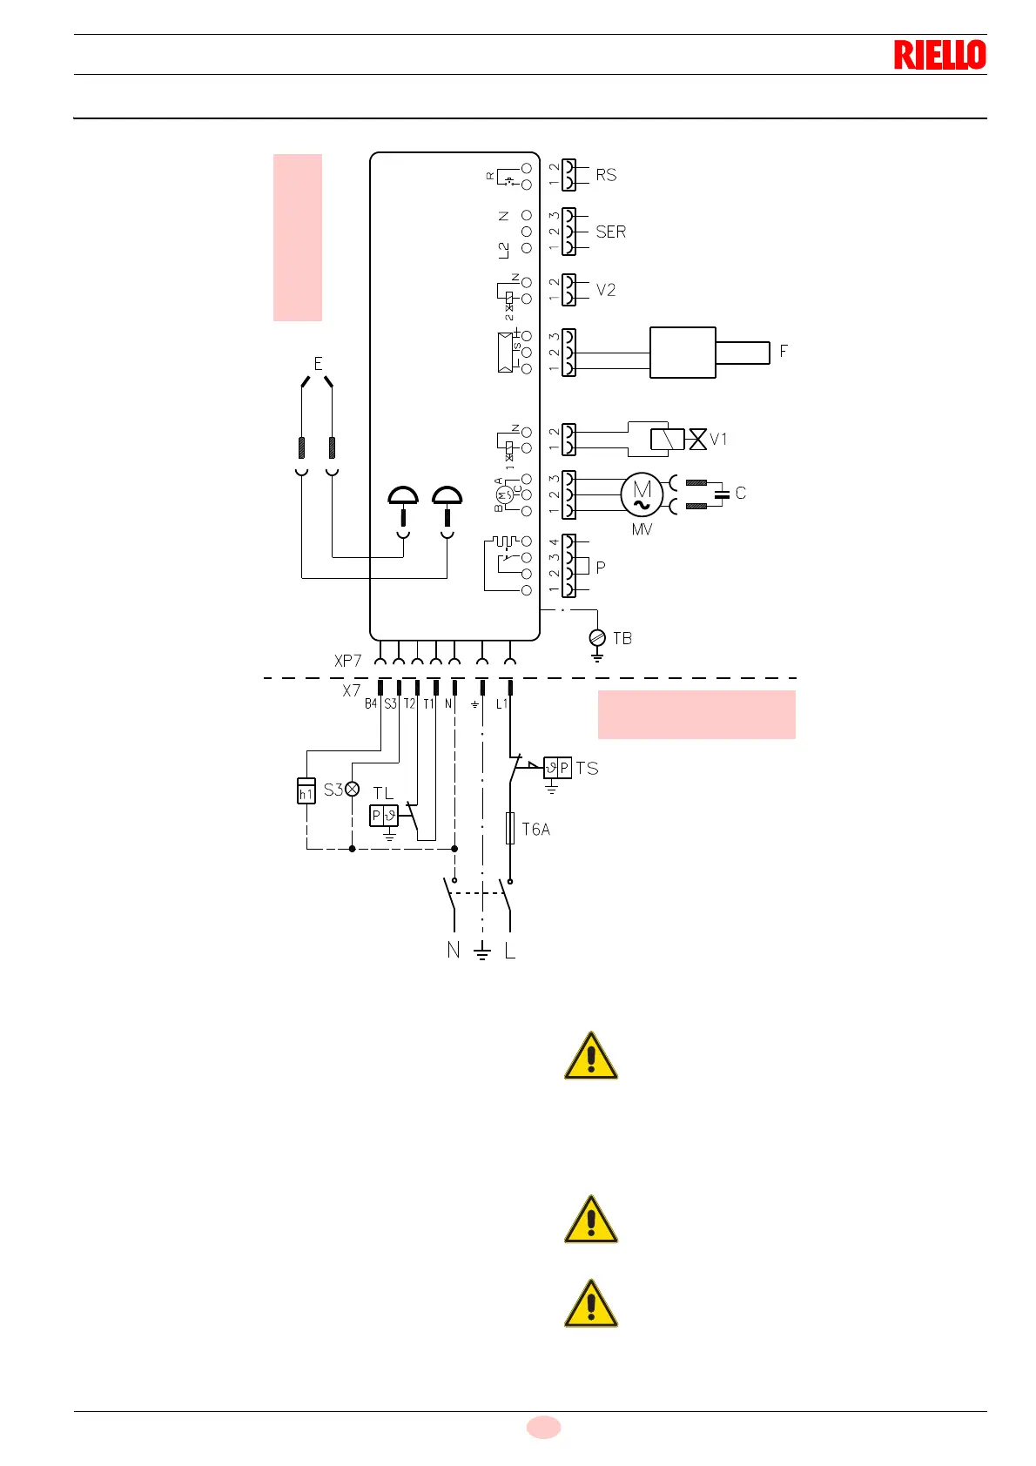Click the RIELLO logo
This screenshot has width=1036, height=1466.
tap(939, 55)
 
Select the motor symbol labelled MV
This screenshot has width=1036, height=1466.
tap(642, 494)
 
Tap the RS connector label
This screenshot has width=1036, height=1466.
tap(606, 175)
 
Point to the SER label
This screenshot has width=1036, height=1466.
tap(610, 232)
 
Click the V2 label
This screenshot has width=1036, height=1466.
tap(606, 290)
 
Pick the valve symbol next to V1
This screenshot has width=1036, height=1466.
tap(697, 439)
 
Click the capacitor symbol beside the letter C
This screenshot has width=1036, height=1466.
tap(721, 494)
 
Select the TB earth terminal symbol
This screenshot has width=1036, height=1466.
tap(597, 638)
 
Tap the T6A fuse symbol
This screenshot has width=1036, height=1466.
tap(510, 829)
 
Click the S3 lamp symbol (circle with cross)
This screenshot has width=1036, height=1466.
tap(352, 790)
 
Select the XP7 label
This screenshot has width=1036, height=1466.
tap(347, 661)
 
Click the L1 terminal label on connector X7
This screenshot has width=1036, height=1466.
tap(501, 703)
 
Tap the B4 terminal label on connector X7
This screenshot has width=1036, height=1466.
tap(371, 703)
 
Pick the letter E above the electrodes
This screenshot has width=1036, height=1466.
tap(318, 363)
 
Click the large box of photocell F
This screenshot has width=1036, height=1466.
tap(683, 353)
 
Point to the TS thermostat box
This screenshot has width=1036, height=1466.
tap(557, 768)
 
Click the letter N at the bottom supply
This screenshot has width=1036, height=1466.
tap(453, 950)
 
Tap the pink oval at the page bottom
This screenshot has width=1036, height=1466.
tap(543, 1427)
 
